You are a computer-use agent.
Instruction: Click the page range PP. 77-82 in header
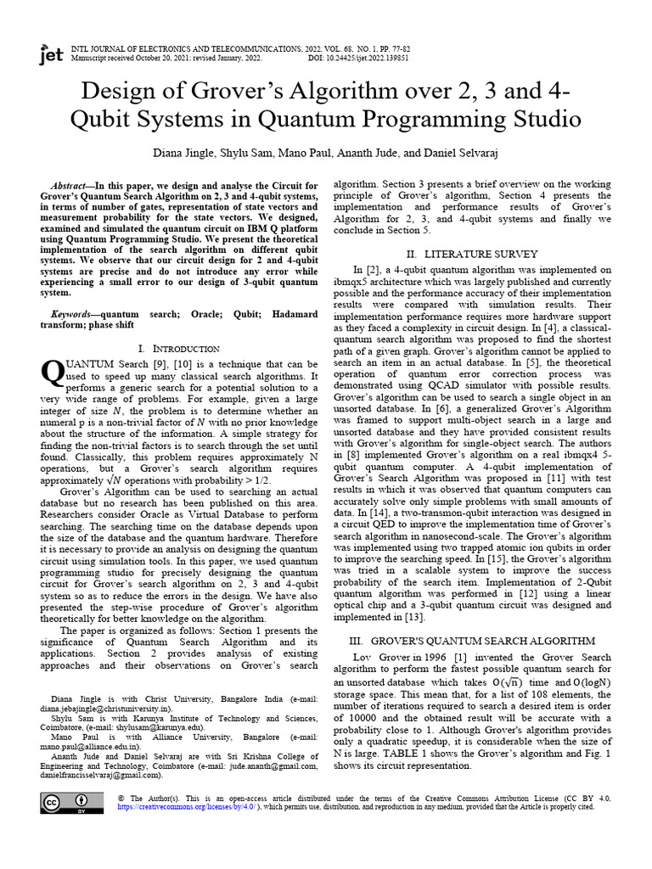383,49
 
